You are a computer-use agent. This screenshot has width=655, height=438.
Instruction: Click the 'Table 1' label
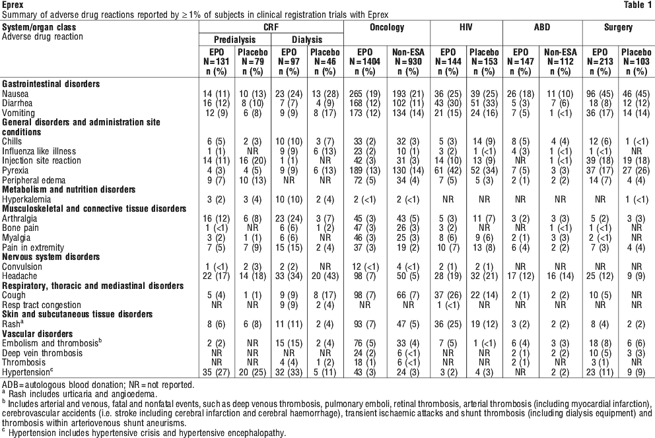coord(637,5)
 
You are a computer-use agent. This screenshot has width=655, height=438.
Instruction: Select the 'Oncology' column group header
coord(387,28)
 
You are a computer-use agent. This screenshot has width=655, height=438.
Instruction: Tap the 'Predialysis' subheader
coord(235,40)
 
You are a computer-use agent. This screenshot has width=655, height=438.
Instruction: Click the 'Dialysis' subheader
coord(307,40)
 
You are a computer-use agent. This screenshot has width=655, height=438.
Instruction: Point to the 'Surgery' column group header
coord(618,28)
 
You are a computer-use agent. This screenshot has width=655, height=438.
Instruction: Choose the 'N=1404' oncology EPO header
coord(364,62)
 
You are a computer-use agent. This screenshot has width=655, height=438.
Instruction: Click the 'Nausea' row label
coord(15,94)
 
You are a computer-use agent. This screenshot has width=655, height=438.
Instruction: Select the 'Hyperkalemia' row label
coord(26,200)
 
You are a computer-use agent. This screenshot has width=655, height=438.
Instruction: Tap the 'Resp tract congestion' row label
coord(42,305)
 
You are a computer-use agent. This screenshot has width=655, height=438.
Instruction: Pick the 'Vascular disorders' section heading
coord(37,334)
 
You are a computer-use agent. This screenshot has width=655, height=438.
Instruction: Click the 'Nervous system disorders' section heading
coord(51,257)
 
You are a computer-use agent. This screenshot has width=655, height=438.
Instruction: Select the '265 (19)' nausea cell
coord(365,94)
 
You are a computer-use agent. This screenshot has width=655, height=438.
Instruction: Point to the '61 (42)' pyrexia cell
coord(448,171)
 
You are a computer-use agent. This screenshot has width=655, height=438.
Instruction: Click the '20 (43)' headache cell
coord(325,276)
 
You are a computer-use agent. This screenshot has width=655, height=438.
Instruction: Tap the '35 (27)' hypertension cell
coord(217,372)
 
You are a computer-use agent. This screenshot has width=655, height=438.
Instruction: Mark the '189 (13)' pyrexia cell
coord(365,171)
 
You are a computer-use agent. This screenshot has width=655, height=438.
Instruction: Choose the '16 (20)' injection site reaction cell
coord(253,161)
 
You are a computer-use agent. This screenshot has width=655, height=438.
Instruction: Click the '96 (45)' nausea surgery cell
coord(600,94)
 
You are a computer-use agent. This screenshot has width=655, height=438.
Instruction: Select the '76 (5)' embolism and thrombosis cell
coord(365,343)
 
